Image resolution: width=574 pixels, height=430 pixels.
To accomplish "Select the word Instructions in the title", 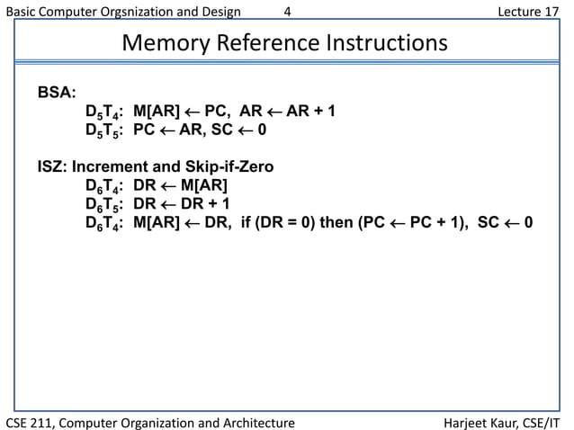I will point(388,43).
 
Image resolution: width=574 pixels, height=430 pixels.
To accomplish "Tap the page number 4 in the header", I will point(287,12).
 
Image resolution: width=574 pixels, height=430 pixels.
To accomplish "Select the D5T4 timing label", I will point(103,112).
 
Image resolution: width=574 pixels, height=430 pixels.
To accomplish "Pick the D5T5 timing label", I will point(103,130).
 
